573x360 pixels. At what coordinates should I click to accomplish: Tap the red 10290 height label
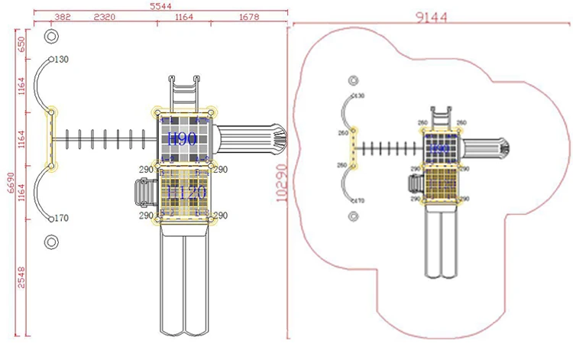tap(282, 184)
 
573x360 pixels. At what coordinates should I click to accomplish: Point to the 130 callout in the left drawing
tap(61, 60)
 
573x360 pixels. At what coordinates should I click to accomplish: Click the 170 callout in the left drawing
tap(61, 219)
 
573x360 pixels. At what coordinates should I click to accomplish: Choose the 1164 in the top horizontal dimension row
tap(183, 17)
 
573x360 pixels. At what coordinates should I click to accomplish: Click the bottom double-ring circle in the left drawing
tap(51, 242)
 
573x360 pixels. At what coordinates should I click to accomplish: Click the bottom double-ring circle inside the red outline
tap(354, 216)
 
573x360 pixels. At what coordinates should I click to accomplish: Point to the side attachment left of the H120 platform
tap(143, 191)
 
